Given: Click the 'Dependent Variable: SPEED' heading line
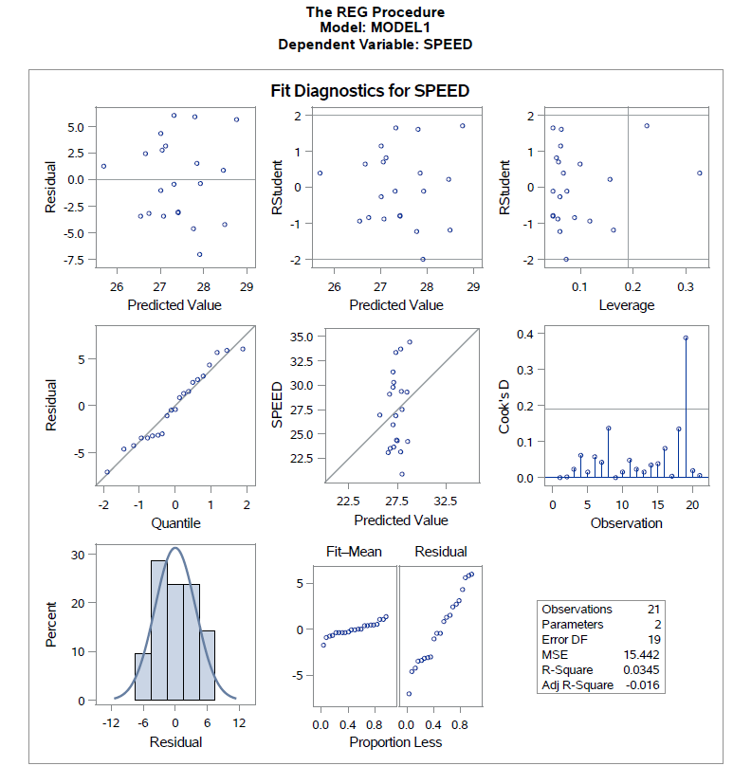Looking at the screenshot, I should pos(375,44).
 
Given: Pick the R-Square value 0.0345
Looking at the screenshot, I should pos(640,670).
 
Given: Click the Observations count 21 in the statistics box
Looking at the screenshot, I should pos(652,610).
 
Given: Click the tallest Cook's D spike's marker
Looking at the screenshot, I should pos(686,337).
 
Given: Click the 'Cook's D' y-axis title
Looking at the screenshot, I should pos(504,405).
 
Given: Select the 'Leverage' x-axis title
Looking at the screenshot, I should pos(626,305).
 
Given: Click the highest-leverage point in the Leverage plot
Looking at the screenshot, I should pos(699,173).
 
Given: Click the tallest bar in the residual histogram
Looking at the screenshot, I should pos(159,629).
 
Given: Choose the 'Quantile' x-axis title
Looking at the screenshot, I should pos(175,522).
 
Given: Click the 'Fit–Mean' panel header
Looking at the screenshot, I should pos(347,552).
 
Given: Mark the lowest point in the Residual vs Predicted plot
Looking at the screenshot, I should pos(199,254).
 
